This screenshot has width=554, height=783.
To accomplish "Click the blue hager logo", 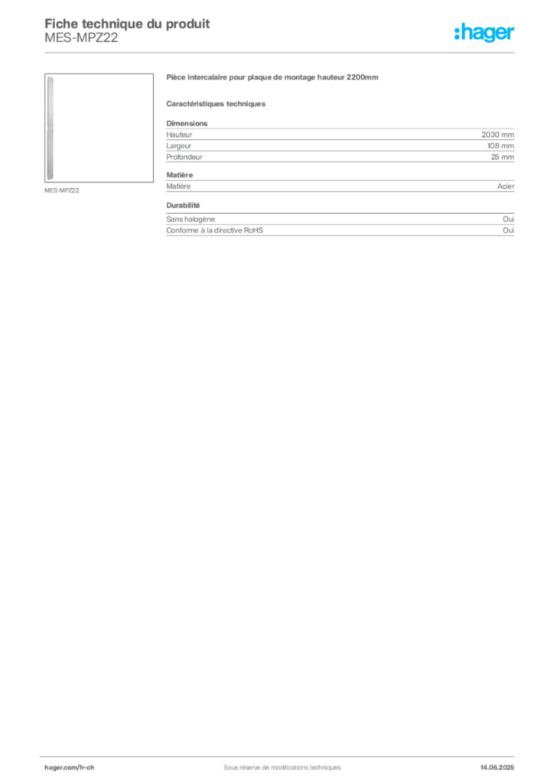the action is [x=485, y=34].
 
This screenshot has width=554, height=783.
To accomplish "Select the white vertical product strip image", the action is [x=50, y=128].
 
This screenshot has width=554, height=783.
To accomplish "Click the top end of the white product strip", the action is [x=50, y=79].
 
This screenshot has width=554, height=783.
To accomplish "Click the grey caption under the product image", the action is [x=60, y=190].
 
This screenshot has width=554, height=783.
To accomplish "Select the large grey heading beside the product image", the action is [x=272, y=79].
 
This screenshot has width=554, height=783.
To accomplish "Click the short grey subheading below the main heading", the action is [x=217, y=103].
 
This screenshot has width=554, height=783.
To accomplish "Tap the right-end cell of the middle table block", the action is [x=508, y=187].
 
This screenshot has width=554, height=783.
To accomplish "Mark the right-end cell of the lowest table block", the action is [x=510, y=226].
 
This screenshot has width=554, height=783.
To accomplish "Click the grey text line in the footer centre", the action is [x=275, y=763].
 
